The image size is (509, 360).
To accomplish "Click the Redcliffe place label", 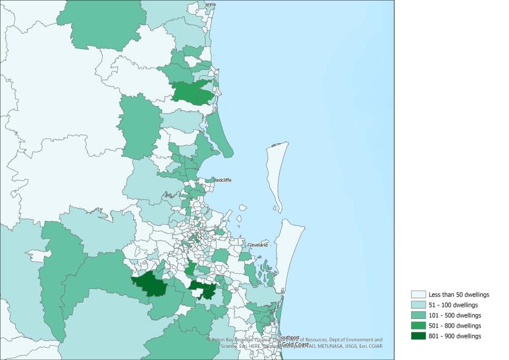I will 222,180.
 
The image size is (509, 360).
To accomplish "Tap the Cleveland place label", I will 258,245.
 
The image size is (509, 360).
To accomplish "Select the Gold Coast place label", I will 295,344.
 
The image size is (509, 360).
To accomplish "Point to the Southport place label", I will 289,337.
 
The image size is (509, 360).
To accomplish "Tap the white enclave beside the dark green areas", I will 197,293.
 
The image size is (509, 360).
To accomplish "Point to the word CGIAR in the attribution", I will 374,346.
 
